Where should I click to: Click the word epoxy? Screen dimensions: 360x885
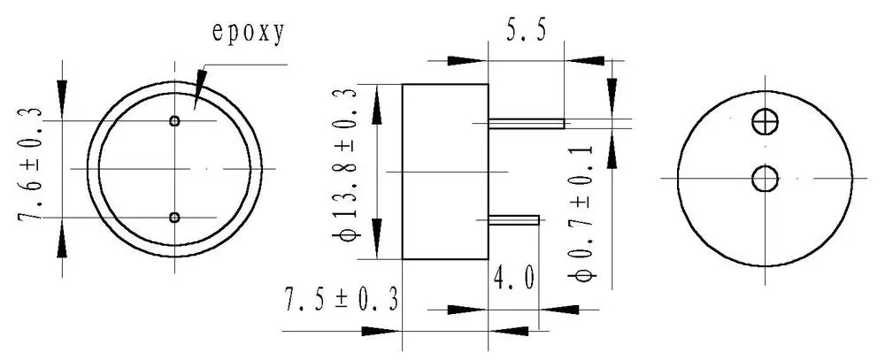tap(248, 33)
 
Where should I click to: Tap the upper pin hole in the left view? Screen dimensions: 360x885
tap(175, 121)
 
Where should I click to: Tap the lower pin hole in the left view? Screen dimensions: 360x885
tap(174, 217)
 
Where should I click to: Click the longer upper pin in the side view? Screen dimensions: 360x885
tap(527, 122)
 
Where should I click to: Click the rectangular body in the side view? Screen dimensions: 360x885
tap(445, 172)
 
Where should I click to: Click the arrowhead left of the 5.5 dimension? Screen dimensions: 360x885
tap(467, 60)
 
